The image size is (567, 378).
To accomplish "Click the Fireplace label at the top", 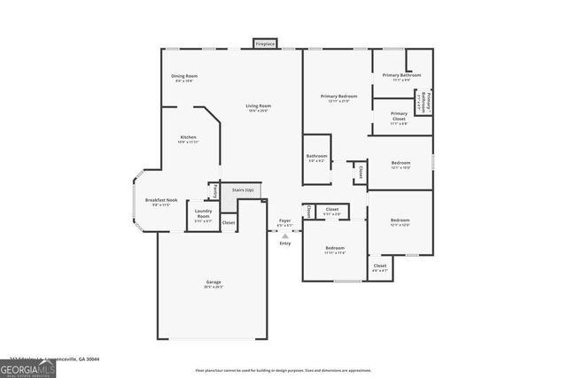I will [265, 43].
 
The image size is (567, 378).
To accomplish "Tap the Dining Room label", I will [183, 76].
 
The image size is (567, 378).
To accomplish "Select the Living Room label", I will [258, 106].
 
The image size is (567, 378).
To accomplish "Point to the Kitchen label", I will [188, 137].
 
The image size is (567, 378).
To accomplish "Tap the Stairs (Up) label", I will [243, 190].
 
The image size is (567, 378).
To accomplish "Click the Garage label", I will [214, 282].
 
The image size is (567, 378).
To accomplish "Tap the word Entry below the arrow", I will [284, 244].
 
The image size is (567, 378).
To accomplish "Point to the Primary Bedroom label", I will [339, 96].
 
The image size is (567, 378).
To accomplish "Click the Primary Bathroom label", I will [400, 76].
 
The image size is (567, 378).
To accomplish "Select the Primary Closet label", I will [399, 115].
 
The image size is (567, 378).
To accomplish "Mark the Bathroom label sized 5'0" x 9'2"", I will [317, 157].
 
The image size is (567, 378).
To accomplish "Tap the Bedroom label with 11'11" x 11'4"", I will [335, 248].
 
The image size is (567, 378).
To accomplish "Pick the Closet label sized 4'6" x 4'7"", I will [379, 266].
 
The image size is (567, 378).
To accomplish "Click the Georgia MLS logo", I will [28, 365].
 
